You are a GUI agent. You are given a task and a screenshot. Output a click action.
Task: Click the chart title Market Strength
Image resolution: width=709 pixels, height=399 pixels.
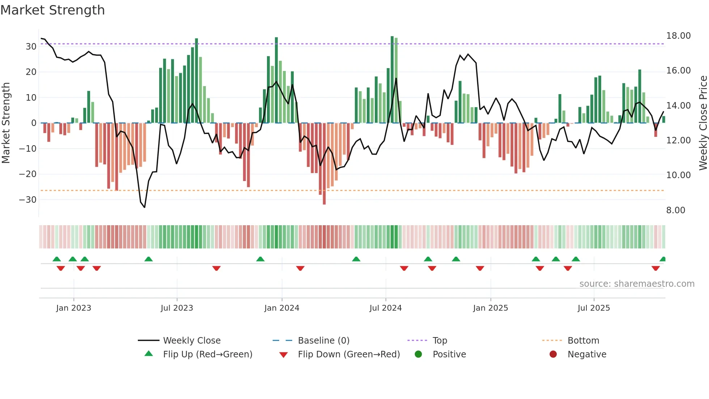pos(52,10)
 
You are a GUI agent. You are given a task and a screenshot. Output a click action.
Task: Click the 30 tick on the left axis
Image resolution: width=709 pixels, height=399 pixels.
pos(31,47)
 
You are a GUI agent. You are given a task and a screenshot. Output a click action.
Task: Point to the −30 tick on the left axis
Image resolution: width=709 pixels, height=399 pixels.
pos(28,200)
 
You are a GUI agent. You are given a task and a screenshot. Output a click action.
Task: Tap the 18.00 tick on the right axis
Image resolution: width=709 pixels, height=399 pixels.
pos(678,36)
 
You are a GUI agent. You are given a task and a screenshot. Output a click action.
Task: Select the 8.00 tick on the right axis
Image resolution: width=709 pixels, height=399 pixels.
pos(675,210)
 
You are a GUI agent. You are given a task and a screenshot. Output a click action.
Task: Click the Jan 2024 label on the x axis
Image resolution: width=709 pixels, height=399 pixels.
pos(282,308)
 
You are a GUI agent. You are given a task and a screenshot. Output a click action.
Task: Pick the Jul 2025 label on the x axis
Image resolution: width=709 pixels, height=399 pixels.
pos(594,308)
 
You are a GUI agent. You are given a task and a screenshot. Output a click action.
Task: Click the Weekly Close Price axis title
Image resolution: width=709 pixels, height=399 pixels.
pos(703,123)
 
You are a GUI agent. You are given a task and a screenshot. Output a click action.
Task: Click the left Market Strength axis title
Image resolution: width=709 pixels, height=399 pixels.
pos(6,123)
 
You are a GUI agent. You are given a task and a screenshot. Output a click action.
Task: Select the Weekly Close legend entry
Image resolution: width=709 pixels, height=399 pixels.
pos(191,341)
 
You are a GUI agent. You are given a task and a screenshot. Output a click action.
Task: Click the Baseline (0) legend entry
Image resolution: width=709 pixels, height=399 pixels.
pos(323,341)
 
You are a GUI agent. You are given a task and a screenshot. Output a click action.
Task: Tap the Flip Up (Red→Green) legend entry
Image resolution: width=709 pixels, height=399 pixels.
pos(207,354)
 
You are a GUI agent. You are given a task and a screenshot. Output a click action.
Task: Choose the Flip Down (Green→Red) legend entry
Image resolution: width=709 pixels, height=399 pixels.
pos(349,354)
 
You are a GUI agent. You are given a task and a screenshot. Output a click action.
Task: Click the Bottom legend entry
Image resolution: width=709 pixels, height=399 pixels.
pos(583,341)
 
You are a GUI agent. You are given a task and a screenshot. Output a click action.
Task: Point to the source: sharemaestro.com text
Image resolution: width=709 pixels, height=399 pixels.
pos(637,284)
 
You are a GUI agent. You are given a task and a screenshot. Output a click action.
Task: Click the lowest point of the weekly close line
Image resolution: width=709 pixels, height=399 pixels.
pos(144,207)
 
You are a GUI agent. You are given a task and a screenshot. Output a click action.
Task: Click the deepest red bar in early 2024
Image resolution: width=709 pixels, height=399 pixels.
pos(324,164)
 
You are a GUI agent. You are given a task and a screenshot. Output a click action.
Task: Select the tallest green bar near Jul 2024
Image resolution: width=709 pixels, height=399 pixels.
pos(392,80)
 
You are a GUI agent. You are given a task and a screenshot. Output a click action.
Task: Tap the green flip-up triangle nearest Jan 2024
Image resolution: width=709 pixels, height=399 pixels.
pos(260,259)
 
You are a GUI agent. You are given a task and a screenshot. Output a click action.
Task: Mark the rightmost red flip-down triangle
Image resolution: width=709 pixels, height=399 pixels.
pos(655,268)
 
